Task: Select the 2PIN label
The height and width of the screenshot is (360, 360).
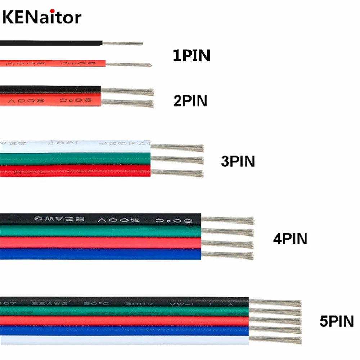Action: [190, 101]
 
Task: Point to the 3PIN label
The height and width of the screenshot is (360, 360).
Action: [238, 161]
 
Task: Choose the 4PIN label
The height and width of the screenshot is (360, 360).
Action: [290, 239]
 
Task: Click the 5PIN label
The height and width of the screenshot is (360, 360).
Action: [337, 321]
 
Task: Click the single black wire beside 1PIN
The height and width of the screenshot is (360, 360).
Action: [50, 43]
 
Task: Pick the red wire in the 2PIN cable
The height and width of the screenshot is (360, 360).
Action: [50, 100]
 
